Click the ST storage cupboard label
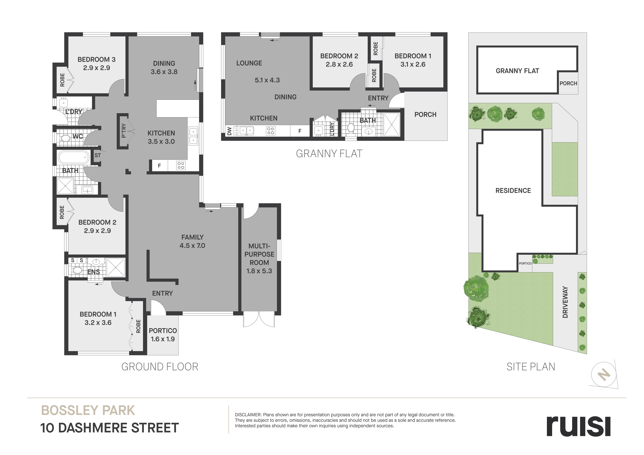point(98,155)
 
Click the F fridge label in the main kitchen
point(159,166)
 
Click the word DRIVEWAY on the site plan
point(565,302)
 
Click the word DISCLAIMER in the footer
point(248,415)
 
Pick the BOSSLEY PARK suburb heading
point(88,410)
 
